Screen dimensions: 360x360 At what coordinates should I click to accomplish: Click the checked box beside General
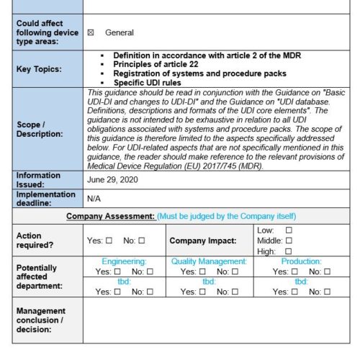[91, 32]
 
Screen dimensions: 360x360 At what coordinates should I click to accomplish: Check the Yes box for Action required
[109, 240]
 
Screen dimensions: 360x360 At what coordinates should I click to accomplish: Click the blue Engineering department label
[124, 262]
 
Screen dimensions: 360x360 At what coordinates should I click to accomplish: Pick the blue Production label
[301, 262]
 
